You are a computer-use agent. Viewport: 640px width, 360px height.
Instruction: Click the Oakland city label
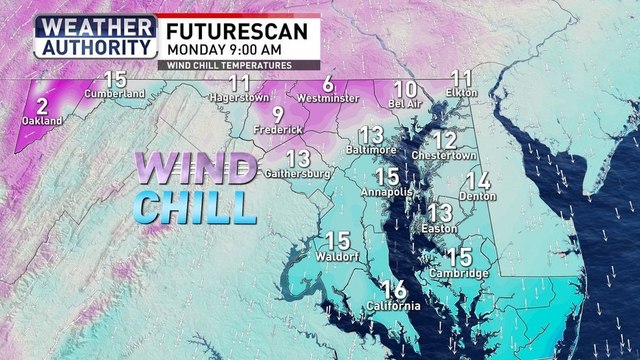42,121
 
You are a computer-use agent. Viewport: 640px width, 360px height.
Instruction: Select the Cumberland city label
114,94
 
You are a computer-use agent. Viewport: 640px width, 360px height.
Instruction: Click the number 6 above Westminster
328,84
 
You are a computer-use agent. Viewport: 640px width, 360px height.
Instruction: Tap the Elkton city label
462,93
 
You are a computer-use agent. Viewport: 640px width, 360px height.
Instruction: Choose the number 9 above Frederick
278,116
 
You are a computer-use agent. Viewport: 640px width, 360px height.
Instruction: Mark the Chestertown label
444,156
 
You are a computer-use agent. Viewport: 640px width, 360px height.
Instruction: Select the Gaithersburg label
298,173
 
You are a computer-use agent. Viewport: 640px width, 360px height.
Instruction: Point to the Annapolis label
387,193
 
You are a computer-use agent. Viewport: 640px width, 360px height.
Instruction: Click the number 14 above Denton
478,181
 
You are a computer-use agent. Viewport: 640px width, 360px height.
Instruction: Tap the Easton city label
439,228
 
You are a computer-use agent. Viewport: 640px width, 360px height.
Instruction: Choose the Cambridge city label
459,274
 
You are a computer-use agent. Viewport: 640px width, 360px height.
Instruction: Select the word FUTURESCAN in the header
238,30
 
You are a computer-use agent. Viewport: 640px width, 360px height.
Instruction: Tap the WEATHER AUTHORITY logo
95,37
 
